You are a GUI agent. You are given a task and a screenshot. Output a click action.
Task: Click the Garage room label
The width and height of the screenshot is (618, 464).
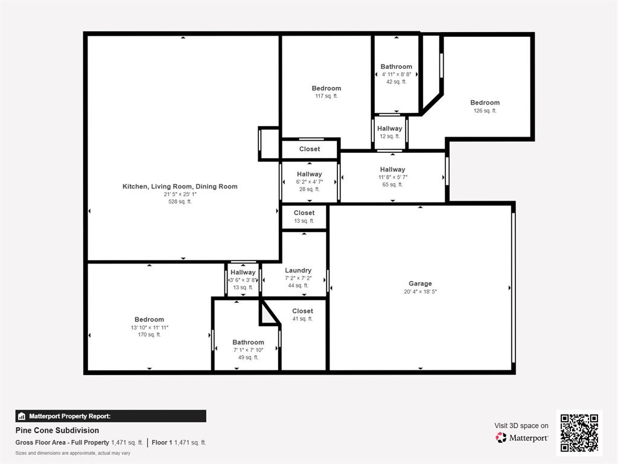(x=420, y=283)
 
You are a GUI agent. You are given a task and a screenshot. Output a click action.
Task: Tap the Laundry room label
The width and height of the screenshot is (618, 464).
(x=298, y=270)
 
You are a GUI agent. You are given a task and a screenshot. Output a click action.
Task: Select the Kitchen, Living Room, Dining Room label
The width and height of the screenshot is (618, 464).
(x=180, y=187)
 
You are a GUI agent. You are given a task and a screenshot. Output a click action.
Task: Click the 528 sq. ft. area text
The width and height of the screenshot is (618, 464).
(x=180, y=202)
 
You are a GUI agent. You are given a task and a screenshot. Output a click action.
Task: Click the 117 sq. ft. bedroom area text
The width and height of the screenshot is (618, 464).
(x=327, y=96)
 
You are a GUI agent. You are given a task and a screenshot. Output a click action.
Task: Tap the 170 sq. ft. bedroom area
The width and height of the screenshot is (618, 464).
(x=149, y=335)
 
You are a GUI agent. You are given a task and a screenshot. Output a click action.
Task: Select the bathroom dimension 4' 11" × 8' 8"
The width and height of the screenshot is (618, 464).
(x=396, y=74)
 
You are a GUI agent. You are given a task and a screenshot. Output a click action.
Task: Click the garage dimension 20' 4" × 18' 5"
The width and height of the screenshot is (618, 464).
(x=420, y=291)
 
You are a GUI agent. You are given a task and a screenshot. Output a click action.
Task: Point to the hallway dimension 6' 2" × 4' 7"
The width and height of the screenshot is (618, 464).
(x=310, y=182)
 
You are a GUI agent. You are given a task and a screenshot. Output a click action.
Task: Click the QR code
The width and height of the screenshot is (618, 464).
(x=579, y=433)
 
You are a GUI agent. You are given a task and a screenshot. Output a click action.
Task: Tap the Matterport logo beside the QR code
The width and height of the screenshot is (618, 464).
(x=521, y=437)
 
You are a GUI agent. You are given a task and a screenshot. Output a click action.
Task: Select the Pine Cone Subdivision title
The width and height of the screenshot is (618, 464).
(x=57, y=431)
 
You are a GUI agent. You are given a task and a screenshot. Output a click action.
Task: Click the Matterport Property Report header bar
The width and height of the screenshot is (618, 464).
(x=110, y=416)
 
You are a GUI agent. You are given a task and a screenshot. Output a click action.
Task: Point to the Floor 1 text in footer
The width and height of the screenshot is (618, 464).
(x=162, y=442)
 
